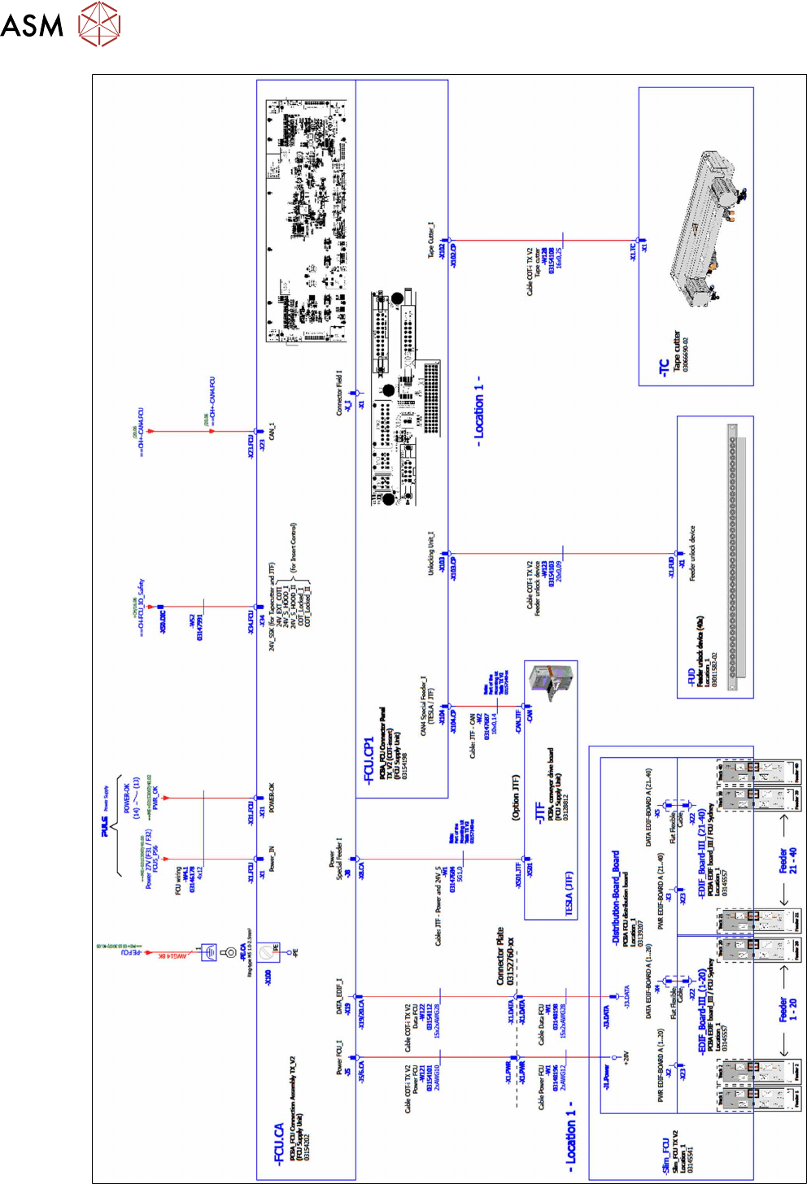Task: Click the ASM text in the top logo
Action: pos(32,24)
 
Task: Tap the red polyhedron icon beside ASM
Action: pos(99,23)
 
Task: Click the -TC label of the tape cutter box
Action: pos(665,368)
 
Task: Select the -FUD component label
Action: pos(691,677)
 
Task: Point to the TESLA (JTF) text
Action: pos(569,893)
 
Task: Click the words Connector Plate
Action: pos(499,956)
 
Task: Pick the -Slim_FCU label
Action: pos(665,1156)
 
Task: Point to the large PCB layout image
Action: pos(308,221)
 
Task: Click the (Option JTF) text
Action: pos(516,797)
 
